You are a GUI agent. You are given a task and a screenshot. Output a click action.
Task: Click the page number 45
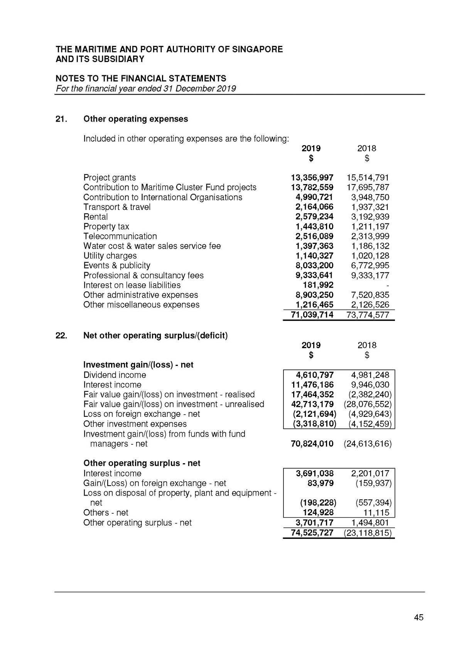(418, 617)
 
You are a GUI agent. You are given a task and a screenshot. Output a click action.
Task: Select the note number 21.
(61, 119)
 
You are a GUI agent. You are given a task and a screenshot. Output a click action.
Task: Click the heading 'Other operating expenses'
(135, 119)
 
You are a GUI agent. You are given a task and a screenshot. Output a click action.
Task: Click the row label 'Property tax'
(106, 227)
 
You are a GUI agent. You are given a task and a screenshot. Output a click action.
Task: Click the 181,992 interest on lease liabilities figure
(318, 285)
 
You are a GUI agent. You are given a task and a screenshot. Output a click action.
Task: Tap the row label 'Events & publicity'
(116, 266)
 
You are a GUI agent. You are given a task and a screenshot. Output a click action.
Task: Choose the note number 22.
(61, 335)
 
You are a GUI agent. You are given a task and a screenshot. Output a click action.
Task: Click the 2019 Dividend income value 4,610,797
(314, 375)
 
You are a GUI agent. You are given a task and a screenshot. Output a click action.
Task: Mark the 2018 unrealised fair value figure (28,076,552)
(367, 404)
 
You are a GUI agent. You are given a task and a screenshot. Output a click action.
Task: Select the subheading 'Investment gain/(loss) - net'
(138, 365)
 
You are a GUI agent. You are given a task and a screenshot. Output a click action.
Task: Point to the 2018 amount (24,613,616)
(367, 443)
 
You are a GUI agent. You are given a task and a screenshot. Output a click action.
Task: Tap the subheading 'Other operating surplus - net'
(142, 463)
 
